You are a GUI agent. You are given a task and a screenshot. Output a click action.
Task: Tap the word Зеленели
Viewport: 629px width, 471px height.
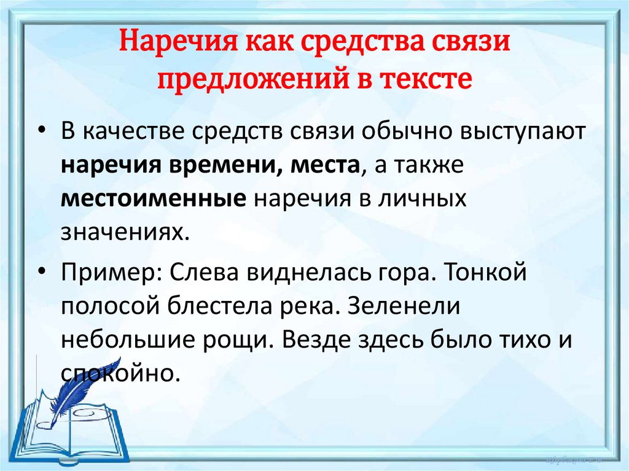point(403,306)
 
